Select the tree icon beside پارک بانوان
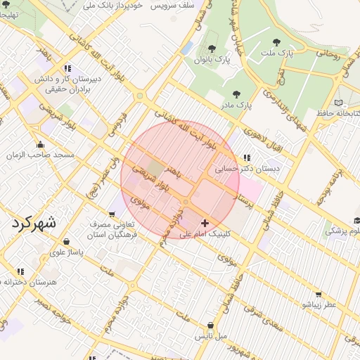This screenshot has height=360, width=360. click(211, 49)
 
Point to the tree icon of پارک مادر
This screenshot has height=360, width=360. click(236, 94)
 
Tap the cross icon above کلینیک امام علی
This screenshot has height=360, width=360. click(205, 222)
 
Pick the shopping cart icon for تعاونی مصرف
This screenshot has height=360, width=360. click(112, 213)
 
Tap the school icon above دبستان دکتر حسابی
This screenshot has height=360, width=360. click(245, 157)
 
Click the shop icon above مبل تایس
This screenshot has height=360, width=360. click(211, 325)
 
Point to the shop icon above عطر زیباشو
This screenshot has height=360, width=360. click(318, 294)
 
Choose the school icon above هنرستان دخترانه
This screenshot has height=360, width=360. click(20, 271)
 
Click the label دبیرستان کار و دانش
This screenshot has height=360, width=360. click(70, 79)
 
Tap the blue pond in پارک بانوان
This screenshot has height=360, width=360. click(187, 48)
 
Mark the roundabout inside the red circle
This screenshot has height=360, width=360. click(186, 202)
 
